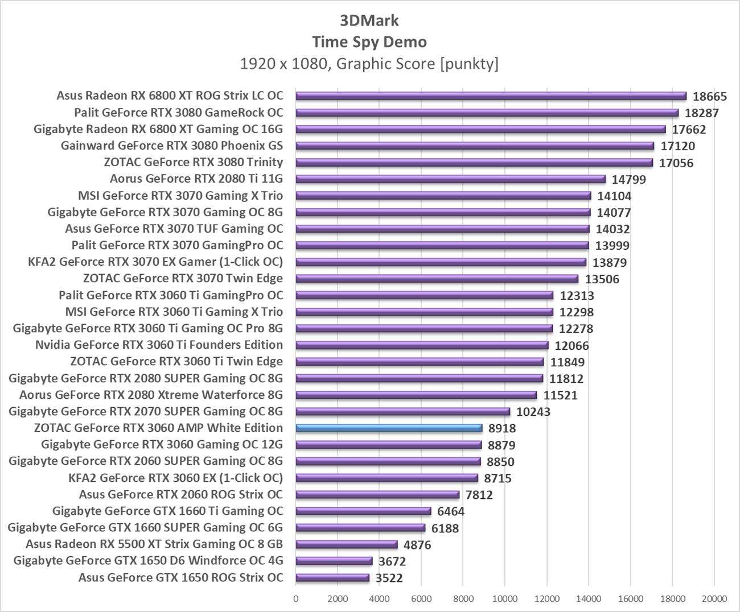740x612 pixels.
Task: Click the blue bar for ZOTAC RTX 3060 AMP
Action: (x=389, y=428)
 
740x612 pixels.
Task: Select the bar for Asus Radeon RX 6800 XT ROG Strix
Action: (x=491, y=96)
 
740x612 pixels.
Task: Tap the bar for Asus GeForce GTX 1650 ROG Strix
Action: (x=332, y=578)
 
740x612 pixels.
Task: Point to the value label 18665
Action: (x=710, y=97)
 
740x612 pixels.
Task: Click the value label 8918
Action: (x=502, y=428)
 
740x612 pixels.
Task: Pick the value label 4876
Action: (x=417, y=545)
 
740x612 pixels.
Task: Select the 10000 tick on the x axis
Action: (x=505, y=598)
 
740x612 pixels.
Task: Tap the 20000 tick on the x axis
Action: (x=714, y=598)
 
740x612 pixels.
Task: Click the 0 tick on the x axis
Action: (x=295, y=598)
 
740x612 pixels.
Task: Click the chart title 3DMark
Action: (x=369, y=20)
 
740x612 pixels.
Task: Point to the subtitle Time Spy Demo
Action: (x=369, y=42)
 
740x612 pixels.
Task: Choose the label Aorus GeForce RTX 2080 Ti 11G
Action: (x=196, y=179)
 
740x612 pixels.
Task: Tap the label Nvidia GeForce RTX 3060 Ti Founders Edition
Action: (x=159, y=345)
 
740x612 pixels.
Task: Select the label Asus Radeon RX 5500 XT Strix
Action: (x=154, y=544)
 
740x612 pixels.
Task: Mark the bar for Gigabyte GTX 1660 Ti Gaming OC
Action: (x=363, y=511)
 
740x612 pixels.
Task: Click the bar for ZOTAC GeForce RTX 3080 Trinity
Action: (x=474, y=163)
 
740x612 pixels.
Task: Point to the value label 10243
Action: (x=533, y=412)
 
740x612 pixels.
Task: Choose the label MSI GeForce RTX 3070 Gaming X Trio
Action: (x=180, y=196)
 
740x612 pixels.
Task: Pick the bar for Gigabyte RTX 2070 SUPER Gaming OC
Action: (x=402, y=412)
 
